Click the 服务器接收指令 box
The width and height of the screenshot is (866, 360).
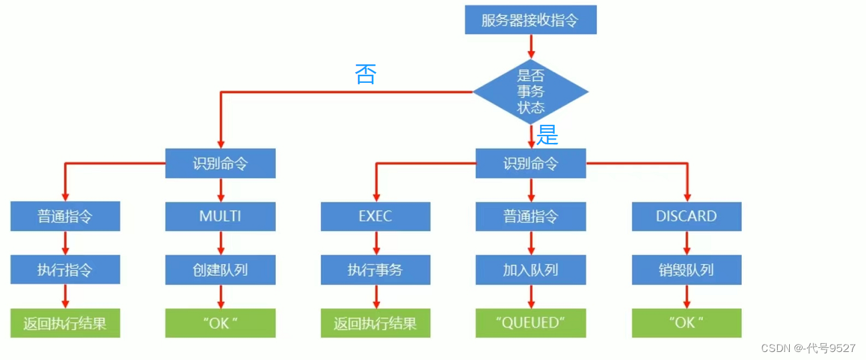tap(530, 20)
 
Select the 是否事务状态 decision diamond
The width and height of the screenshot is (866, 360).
tap(531, 92)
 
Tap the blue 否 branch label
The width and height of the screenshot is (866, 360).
tap(365, 73)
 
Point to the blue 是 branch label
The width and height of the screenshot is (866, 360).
tap(548, 136)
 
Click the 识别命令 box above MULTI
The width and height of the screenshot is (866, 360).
tap(220, 163)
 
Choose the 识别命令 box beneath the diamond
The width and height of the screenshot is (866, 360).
tap(531, 163)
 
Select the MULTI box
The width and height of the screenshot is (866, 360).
tap(220, 216)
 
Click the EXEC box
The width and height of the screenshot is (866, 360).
tap(375, 216)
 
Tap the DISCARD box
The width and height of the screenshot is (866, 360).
tap(686, 216)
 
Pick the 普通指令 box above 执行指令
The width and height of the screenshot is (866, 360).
tap(65, 216)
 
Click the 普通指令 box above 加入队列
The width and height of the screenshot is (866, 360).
tap(531, 216)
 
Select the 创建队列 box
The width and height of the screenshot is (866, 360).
tap(220, 270)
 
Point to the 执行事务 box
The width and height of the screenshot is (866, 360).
tap(375, 270)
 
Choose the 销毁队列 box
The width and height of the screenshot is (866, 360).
tap(686, 270)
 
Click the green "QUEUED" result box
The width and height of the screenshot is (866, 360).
tap(531, 323)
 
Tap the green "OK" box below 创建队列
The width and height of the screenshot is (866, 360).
tap(220, 323)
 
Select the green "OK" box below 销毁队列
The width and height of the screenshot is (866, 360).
tap(686, 323)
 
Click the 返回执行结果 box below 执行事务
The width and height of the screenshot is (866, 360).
tap(375, 323)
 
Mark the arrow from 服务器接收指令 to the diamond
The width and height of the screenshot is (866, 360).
tap(531, 45)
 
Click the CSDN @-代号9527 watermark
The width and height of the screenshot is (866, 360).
tap(808, 348)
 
